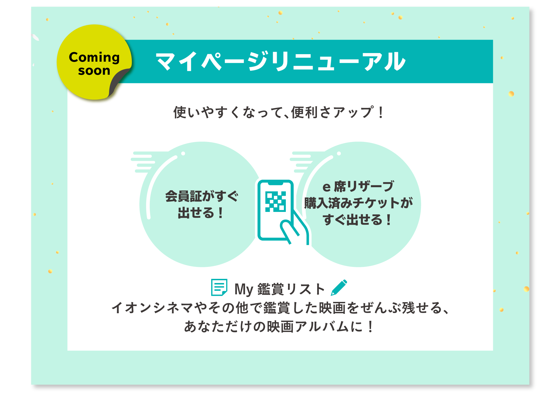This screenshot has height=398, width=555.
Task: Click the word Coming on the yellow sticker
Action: coord(94,58)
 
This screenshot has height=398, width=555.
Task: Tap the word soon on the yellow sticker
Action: coord(94,71)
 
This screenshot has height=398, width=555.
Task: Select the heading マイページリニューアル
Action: coord(281,61)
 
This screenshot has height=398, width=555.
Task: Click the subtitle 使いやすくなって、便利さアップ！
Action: coord(279,112)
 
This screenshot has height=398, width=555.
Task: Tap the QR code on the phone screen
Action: coord(275,202)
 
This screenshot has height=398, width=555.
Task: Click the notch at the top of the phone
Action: coord(275,183)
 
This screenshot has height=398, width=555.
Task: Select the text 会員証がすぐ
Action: coord(202,196)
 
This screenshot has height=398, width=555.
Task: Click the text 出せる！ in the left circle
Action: coord(201,213)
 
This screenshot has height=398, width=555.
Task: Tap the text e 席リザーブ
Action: coord(358,186)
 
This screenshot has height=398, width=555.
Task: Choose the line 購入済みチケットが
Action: coord(359,203)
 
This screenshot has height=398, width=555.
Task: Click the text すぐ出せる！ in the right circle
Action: coord(357,219)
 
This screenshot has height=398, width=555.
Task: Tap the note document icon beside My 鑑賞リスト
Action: coord(219,287)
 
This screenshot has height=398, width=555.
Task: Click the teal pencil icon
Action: coord(339,287)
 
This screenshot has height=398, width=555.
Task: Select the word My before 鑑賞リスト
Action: coord(244,289)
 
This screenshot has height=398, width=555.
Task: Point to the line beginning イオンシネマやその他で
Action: coord(280,308)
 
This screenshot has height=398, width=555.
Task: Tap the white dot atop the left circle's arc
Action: coord(183,154)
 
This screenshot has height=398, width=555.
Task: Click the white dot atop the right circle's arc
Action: coord(339,154)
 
